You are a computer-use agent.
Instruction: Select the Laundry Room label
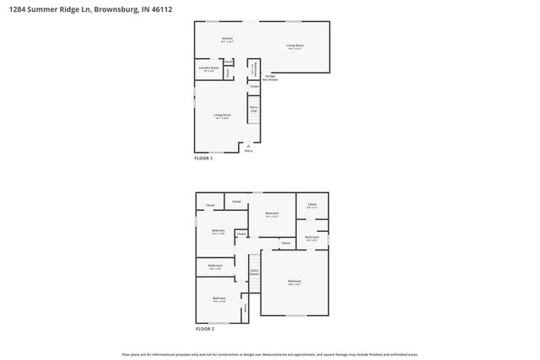209,69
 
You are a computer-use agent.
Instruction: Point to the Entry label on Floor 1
248,151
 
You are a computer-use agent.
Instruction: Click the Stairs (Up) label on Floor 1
253,110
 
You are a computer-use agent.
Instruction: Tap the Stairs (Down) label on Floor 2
254,272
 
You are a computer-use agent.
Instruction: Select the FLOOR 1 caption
203,158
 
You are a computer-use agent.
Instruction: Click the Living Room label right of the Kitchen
294,46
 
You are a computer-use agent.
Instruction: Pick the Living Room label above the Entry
223,116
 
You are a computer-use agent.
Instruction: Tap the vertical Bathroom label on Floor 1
254,67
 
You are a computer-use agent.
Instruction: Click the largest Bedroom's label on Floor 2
294,282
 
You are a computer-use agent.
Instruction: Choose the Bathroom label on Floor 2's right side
312,239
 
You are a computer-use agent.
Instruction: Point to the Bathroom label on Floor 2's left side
215,266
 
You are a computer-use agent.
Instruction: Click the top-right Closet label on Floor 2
311,205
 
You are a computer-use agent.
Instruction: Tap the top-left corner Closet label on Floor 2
209,206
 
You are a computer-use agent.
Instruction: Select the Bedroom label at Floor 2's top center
272,214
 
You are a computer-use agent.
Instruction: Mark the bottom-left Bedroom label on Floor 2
219,299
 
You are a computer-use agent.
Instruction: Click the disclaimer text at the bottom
270,355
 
